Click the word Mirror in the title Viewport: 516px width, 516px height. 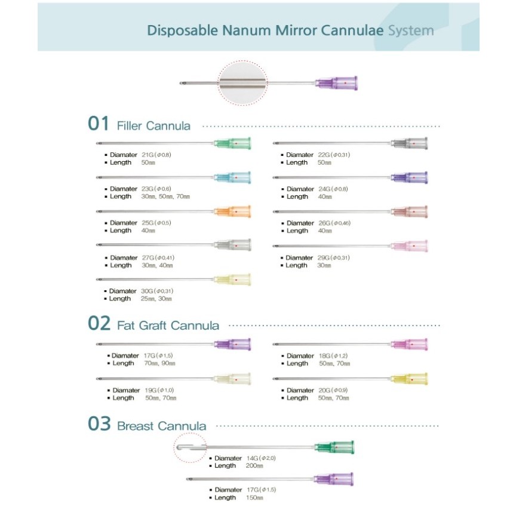[296, 30]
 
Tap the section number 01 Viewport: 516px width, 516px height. [99, 124]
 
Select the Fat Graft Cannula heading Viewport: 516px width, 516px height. [168, 325]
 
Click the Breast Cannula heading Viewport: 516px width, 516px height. [162, 426]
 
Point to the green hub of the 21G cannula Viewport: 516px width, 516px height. [233, 143]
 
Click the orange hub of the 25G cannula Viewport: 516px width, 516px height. [233, 211]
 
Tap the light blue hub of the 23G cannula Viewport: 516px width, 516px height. [233, 178]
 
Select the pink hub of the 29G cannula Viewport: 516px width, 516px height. [409, 246]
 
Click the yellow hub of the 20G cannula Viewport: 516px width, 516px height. [409, 379]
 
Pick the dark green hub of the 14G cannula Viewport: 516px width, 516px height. [334, 447]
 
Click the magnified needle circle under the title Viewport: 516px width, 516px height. [242, 83]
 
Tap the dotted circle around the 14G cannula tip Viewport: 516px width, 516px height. [174, 447]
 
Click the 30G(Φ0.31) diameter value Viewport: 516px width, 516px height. [157, 291]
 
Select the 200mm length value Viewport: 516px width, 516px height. [254, 466]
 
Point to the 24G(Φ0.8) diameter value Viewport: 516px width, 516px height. [333, 189]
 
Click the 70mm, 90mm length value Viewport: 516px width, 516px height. [159, 363]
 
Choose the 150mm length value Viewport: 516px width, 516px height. [254, 497]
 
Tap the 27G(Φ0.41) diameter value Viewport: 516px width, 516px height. [158, 257]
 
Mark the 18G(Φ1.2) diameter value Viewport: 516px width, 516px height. [333, 356]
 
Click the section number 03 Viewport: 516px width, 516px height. [99, 424]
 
